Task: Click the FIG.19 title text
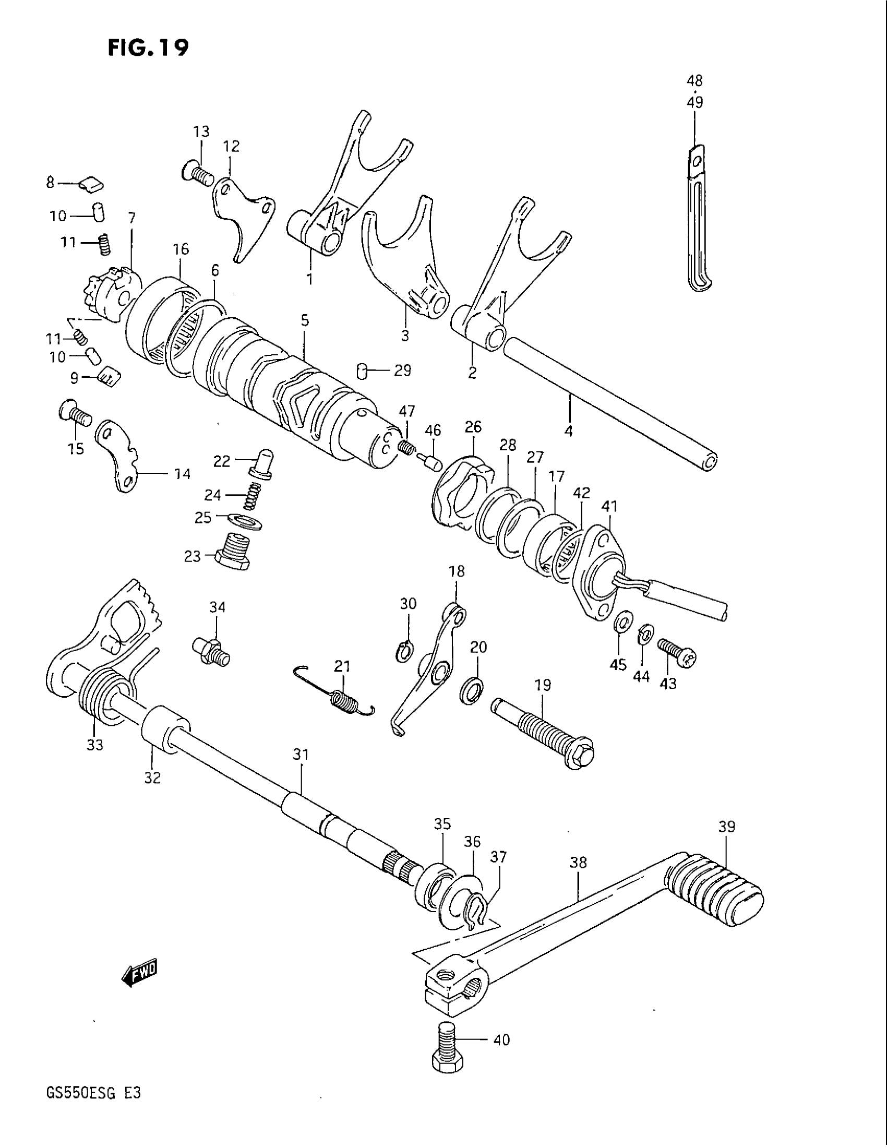point(148,48)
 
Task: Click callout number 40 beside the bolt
point(502,1039)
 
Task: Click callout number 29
point(402,370)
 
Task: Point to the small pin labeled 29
point(362,370)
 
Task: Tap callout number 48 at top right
point(694,81)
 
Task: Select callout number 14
point(182,474)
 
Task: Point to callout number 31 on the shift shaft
point(301,755)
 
